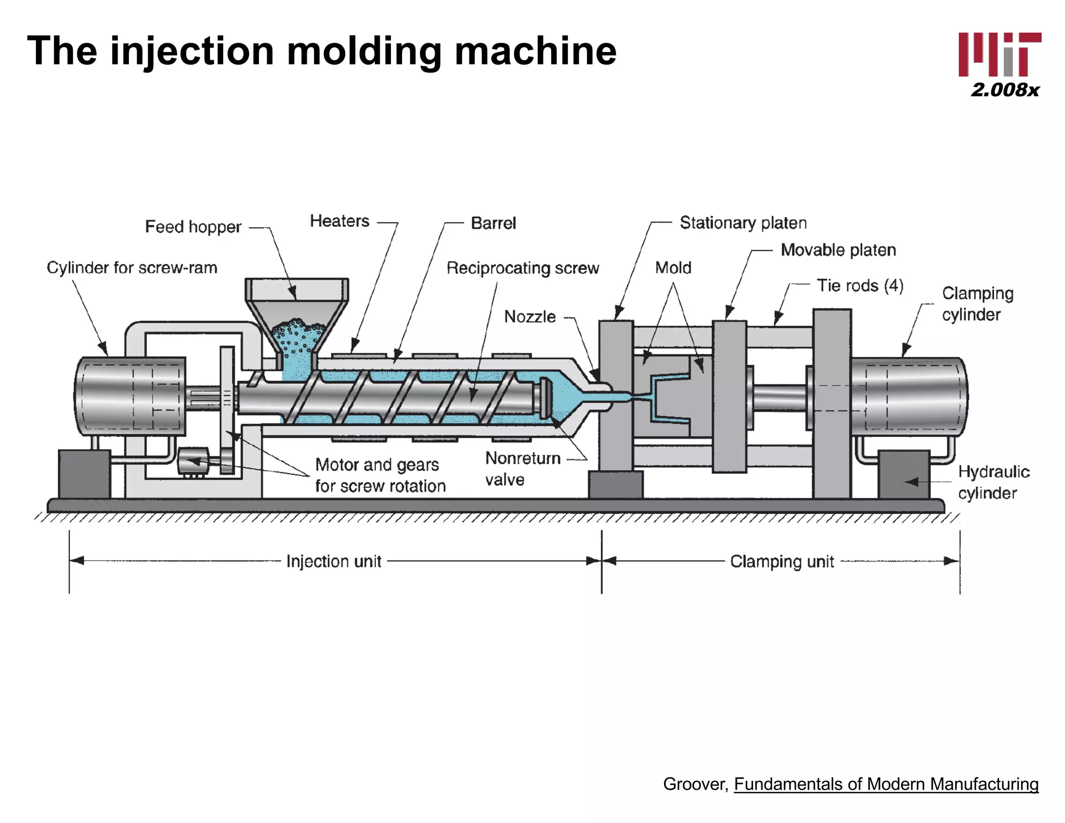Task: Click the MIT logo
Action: [x=999, y=55]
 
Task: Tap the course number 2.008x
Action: [x=1005, y=90]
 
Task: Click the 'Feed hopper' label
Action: [x=193, y=227]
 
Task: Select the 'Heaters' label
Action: [x=340, y=221]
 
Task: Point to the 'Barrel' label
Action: [x=493, y=223]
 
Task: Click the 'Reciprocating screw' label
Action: [x=523, y=268]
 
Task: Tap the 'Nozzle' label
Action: [x=530, y=316]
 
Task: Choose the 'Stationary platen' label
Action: [x=743, y=223]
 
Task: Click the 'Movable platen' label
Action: [x=838, y=250]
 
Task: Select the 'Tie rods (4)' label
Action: [x=860, y=286]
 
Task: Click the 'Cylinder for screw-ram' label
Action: [x=132, y=267]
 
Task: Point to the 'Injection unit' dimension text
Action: [x=334, y=561]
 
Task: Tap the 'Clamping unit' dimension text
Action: [x=782, y=561]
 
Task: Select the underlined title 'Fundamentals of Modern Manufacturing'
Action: [x=886, y=784]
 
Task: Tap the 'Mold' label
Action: [x=673, y=268]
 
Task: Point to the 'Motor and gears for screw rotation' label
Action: [x=380, y=475]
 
